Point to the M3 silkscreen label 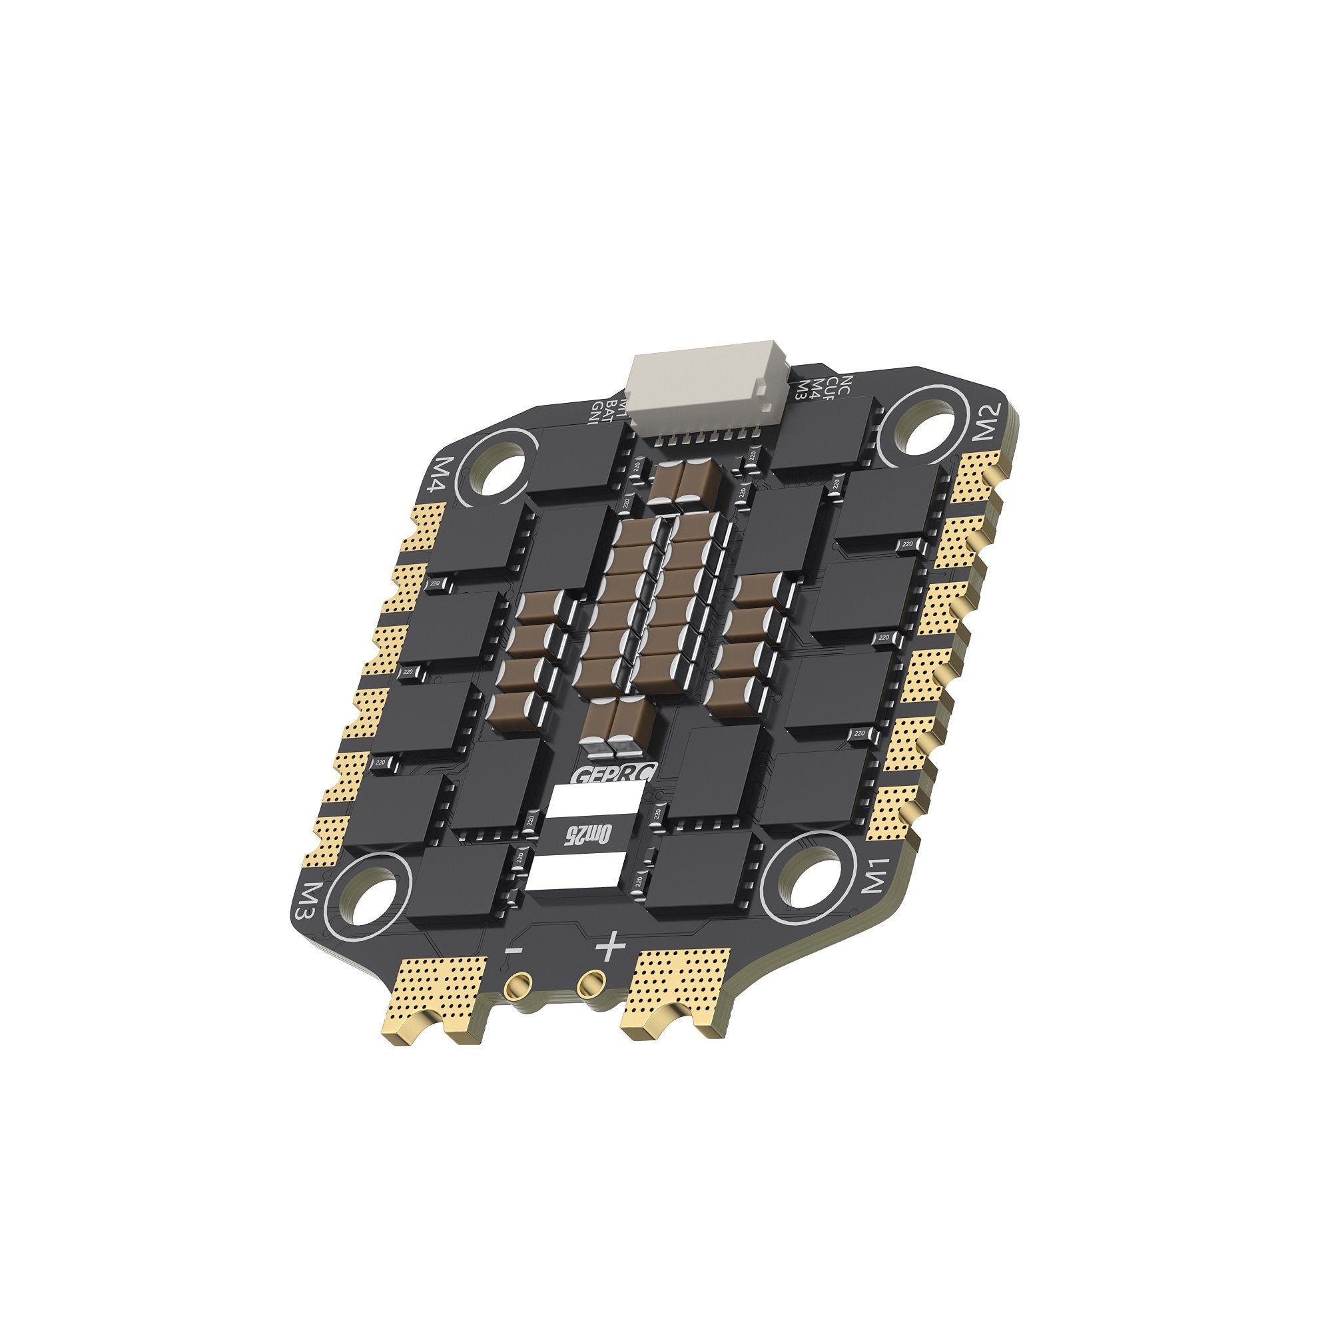point(304,900)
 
